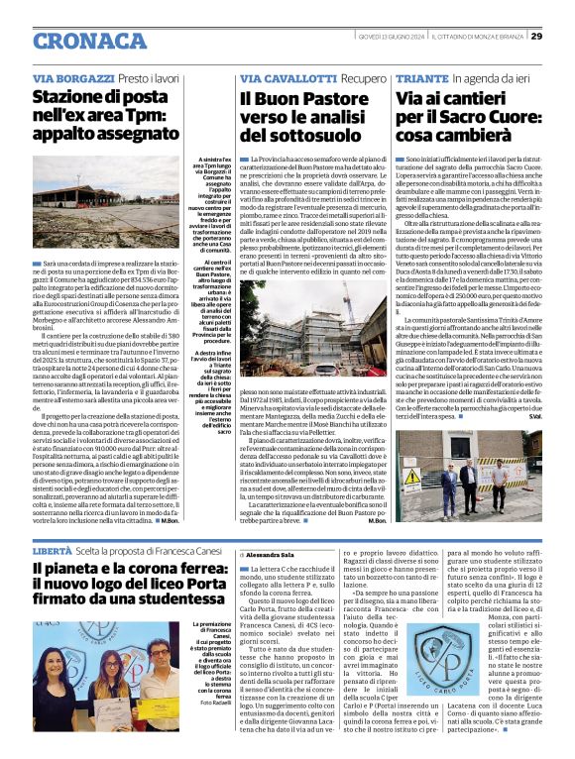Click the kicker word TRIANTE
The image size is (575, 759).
click(x=421, y=77)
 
